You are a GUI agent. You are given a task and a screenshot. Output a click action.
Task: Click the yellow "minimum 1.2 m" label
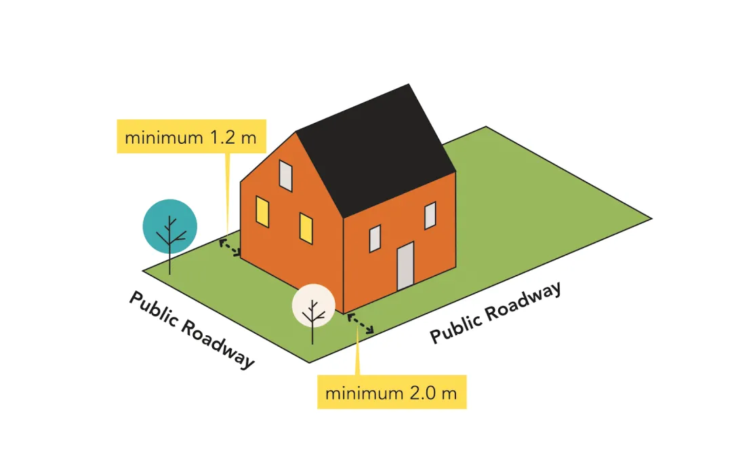click(190, 136)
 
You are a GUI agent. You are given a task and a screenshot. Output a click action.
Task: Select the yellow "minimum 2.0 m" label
click(391, 392)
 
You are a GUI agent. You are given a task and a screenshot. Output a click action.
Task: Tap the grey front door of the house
click(405, 265)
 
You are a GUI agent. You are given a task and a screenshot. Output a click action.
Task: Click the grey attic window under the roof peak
click(286, 177)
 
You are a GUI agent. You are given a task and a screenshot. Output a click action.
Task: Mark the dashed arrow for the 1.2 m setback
click(230, 248)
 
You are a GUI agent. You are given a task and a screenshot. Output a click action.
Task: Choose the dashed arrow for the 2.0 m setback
click(361, 324)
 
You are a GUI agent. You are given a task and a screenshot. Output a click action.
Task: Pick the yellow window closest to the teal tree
click(262, 212)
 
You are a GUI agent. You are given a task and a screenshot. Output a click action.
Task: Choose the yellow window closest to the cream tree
click(306, 229)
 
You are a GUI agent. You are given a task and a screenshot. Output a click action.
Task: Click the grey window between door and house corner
click(375, 238)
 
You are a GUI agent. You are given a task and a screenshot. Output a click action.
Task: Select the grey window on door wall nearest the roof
click(430, 216)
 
